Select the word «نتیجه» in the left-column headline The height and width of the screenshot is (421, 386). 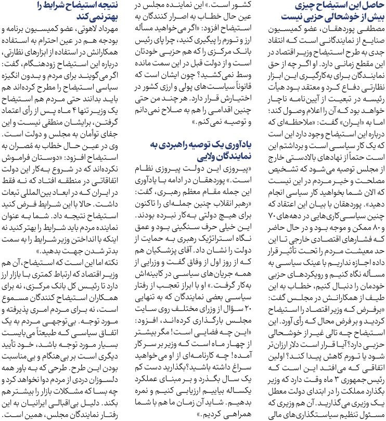(117, 6)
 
